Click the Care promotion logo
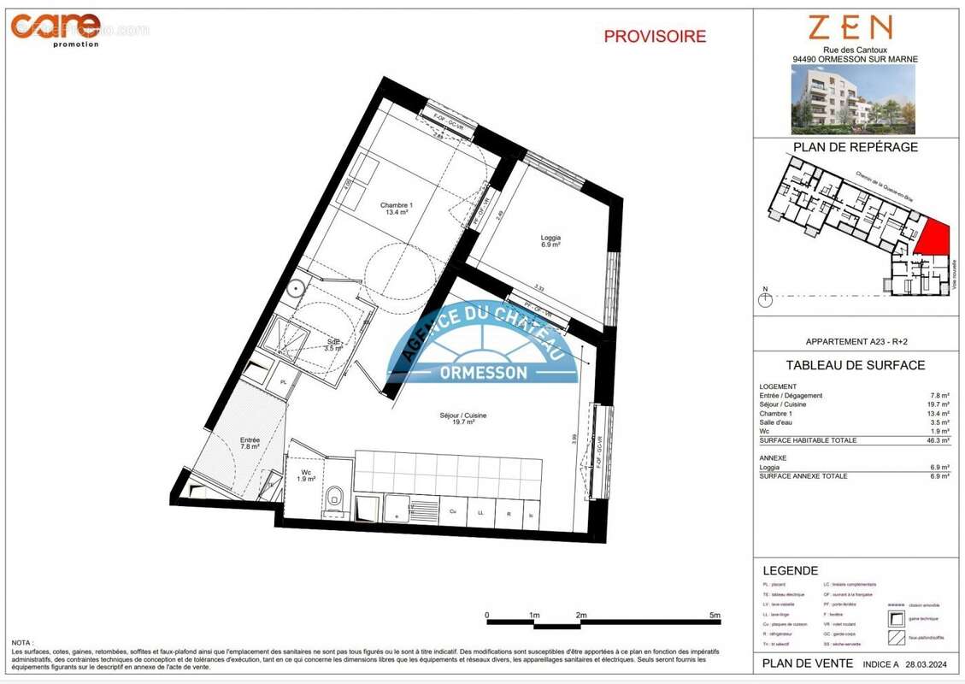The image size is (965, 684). click(56, 27)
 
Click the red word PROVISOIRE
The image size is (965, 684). click(655, 37)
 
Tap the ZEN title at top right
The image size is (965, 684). click(850, 28)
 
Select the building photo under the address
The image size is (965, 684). click(853, 99)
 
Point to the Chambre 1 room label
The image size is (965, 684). click(397, 208)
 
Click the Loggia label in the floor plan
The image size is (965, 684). click(550, 240)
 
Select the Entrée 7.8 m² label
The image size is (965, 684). click(250, 443)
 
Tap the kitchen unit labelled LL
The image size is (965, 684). click(481, 514)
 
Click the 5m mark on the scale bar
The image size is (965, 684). click(715, 615)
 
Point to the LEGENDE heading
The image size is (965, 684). click(790, 570)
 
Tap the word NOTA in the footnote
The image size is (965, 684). click(23, 642)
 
